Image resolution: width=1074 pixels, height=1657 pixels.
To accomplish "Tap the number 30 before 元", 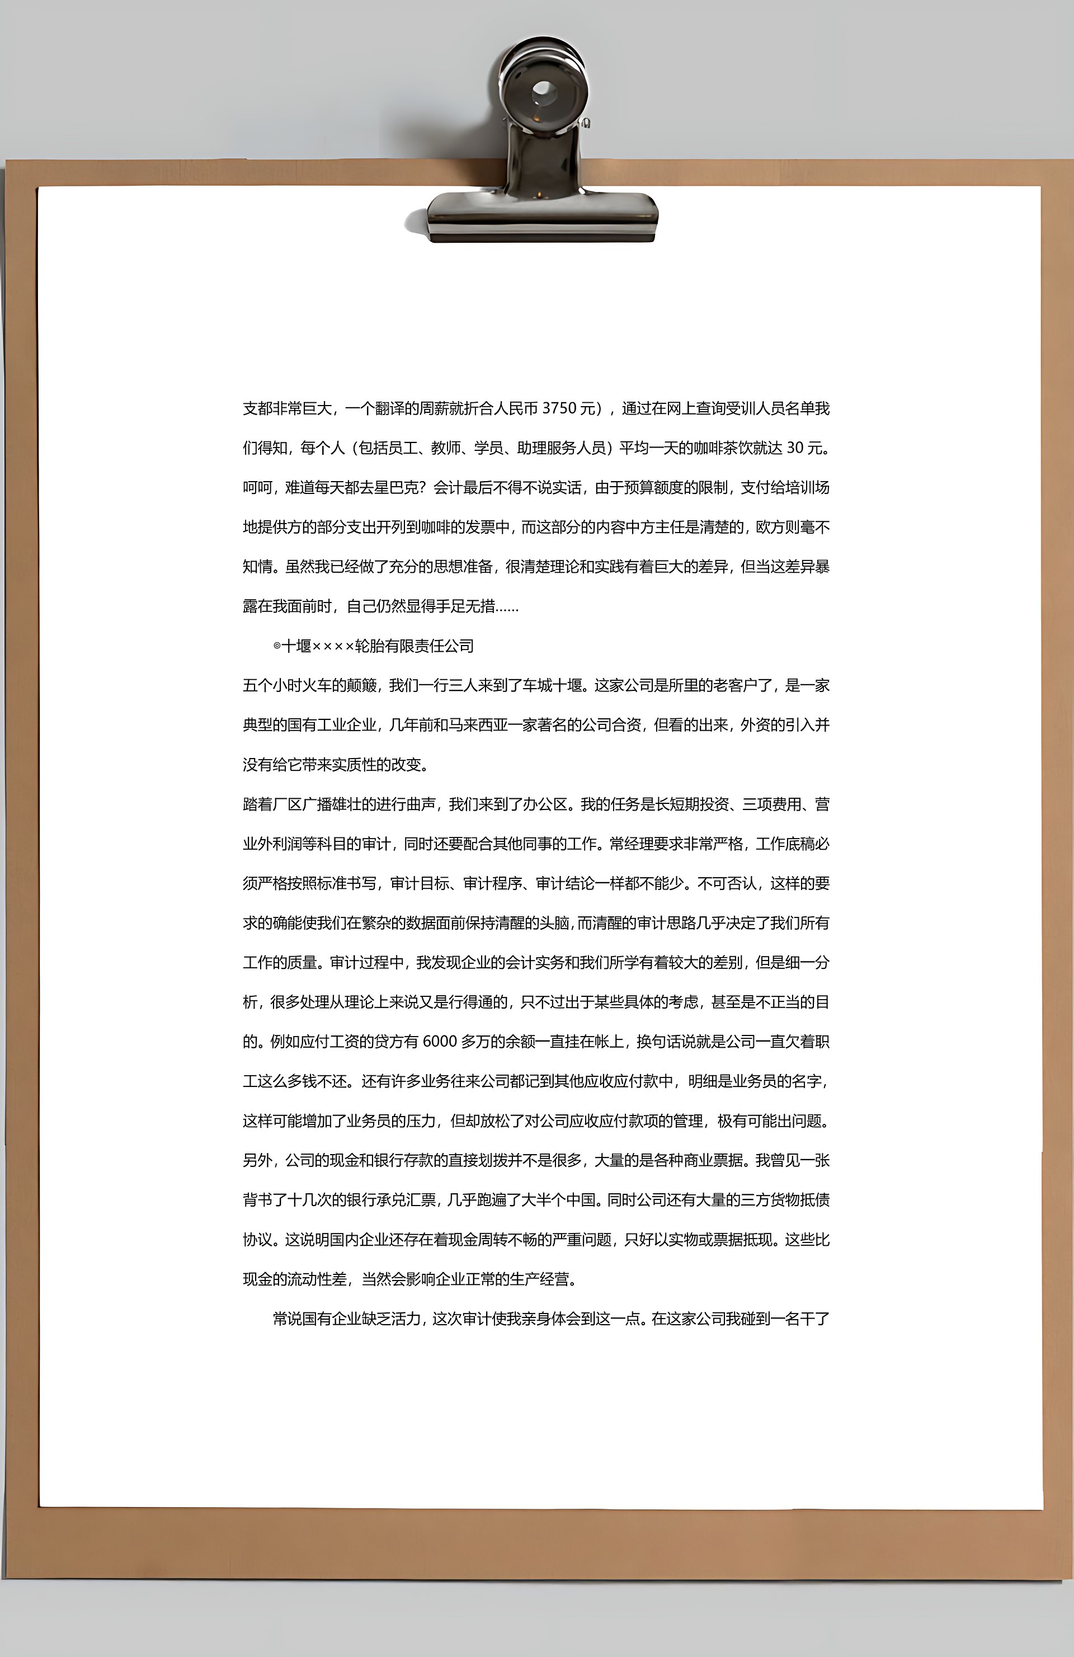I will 795,448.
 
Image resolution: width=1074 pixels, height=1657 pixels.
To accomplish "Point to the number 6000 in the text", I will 439,1042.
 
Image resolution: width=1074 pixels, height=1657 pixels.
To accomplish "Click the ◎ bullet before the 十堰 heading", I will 277,646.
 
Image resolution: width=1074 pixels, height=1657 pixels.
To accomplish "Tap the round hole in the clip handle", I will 543,90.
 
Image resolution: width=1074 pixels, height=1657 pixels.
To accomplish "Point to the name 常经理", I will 632,844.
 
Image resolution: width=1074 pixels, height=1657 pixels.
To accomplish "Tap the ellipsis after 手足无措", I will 507,607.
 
